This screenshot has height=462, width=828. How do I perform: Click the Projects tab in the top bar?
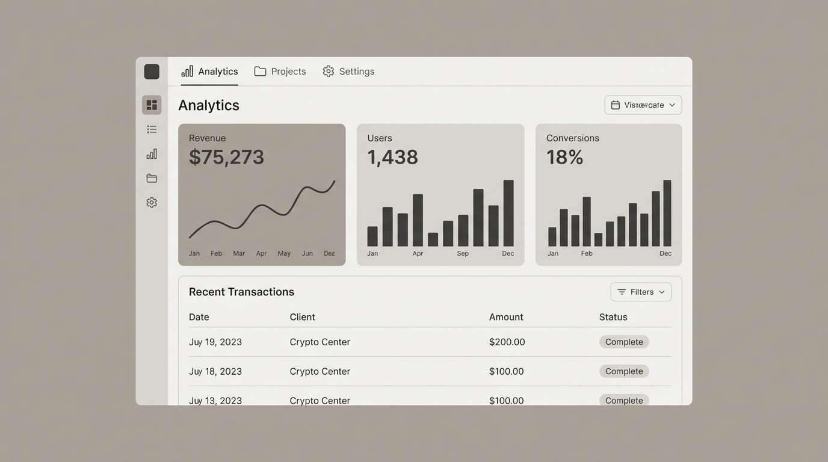tap(280, 72)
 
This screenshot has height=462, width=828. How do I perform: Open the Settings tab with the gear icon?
tap(348, 72)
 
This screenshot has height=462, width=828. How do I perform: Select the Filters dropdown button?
tap(641, 292)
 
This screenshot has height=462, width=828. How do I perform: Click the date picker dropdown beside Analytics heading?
tap(643, 105)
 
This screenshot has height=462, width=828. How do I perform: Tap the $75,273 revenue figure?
tap(226, 157)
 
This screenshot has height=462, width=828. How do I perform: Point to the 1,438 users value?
tap(392, 157)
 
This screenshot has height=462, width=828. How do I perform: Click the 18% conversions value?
tap(564, 157)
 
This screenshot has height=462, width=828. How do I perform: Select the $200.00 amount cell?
tap(507, 342)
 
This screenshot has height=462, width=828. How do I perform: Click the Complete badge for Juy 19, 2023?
tap(624, 342)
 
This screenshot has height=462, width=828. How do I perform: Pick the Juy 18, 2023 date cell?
tap(215, 372)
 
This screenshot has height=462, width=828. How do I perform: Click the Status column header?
tap(613, 317)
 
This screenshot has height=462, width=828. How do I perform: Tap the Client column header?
tap(302, 317)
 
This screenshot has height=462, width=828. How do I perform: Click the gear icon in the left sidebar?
tap(152, 203)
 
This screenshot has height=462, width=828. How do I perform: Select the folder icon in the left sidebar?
tap(152, 179)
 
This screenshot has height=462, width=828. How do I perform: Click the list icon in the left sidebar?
tap(152, 129)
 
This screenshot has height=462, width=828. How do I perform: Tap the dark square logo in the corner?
tap(152, 72)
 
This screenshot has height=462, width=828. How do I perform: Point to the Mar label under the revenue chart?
tap(239, 254)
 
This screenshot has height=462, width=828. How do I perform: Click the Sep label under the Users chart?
tap(462, 254)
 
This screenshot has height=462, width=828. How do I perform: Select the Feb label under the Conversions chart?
tap(587, 254)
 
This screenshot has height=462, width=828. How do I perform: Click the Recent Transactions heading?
tap(241, 292)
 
